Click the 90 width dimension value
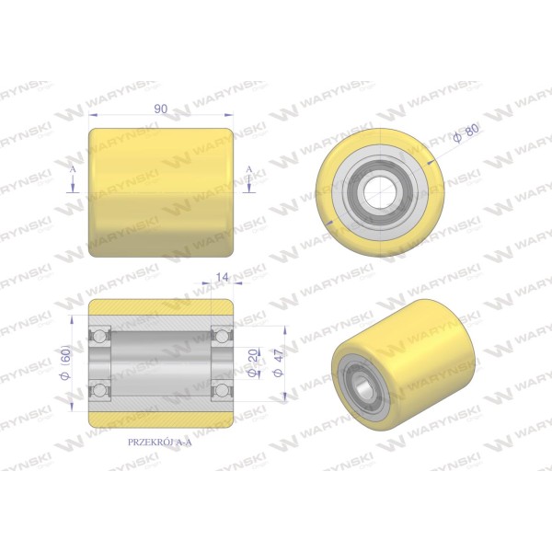pos(161,109)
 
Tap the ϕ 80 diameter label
pos(466,133)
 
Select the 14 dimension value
pos(223,277)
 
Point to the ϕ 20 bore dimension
pos(252,362)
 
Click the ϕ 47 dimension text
pos(279,363)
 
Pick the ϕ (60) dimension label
pos(66,362)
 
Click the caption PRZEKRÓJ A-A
pos(160,443)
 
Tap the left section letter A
pos(73,169)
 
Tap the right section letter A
pos(249,169)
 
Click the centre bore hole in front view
pos(380,192)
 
